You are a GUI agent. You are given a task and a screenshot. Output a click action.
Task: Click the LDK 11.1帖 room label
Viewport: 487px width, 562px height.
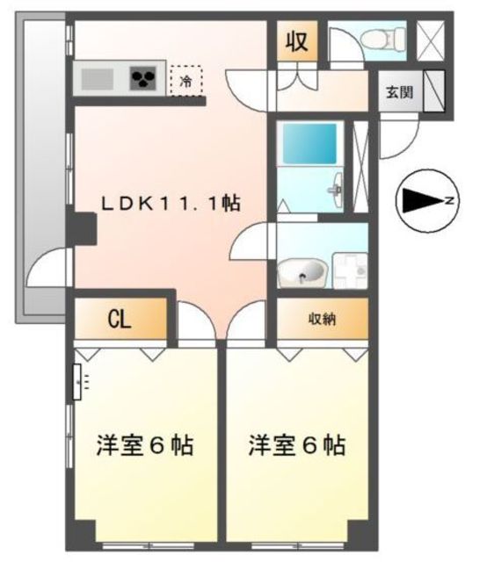tap(171, 203)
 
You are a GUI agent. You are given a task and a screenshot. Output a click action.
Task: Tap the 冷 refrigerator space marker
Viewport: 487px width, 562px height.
tap(186, 82)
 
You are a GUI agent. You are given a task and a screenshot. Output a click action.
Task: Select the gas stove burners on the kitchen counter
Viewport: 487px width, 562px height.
tap(143, 78)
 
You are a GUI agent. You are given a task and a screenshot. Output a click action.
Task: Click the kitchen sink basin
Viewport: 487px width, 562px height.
tap(98, 79)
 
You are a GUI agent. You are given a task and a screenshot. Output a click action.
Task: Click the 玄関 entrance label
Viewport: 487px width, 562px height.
tap(399, 92)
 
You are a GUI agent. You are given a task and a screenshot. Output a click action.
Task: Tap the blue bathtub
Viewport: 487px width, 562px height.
tap(309, 143)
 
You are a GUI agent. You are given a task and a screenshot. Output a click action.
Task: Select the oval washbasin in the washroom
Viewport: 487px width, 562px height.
tap(302, 273)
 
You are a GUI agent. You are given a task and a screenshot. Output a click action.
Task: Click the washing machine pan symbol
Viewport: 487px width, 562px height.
tap(350, 270)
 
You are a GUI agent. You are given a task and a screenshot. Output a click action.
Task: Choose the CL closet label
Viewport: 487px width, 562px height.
tap(120, 319)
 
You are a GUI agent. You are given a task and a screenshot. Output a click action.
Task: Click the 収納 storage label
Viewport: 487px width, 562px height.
tap(323, 319)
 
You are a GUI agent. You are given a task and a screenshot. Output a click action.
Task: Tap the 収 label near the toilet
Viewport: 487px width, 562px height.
tap(296, 41)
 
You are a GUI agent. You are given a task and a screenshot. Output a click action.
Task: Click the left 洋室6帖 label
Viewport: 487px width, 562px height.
tap(145, 445)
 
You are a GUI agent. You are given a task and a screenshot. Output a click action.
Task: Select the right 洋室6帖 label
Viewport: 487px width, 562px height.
tap(297, 445)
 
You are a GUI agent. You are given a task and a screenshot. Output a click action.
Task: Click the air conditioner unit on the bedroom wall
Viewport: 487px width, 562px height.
tap(77, 382)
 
